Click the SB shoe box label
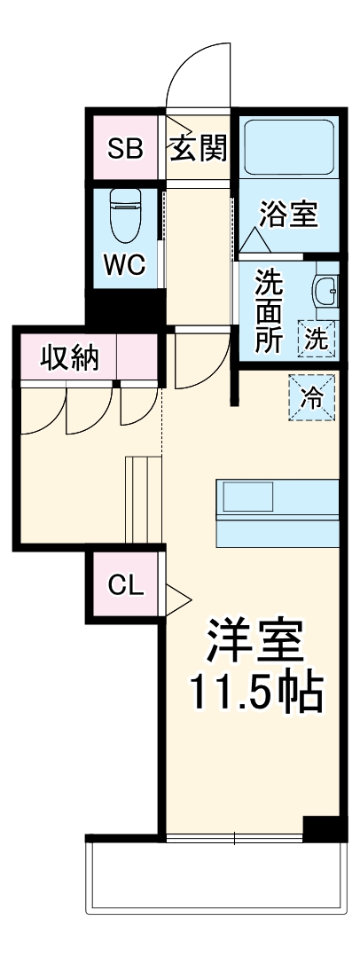(125, 148)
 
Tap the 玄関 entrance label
(199, 148)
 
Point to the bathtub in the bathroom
(287, 147)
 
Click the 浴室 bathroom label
(288, 215)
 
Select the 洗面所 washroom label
(269, 310)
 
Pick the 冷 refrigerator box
(313, 396)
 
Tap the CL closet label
(125, 584)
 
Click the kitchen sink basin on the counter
(241, 497)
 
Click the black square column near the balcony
(322, 828)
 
